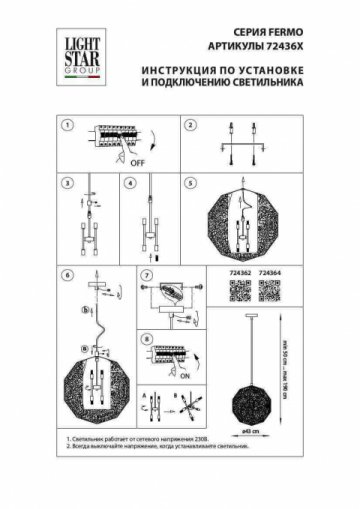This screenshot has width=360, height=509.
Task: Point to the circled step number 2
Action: coord(188,126)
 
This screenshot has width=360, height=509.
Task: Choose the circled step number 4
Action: coord(129,183)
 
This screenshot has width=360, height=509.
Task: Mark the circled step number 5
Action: coord(189,183)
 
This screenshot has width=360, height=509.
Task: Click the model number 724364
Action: coord(270,271)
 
